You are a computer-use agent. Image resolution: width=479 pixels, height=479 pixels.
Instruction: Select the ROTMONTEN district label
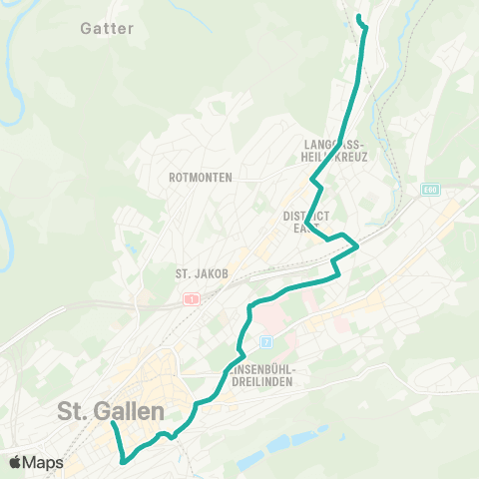point(202,178)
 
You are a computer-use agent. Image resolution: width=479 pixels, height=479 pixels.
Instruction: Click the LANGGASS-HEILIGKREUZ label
point(337,151)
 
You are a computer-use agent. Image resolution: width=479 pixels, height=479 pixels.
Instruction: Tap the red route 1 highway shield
point(189,298)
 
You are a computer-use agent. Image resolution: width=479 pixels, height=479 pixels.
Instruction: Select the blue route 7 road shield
point(266,340)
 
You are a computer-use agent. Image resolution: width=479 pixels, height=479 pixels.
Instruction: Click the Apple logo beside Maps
point(16,462)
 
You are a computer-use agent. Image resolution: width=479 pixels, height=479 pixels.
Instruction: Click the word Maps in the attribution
point(44,462)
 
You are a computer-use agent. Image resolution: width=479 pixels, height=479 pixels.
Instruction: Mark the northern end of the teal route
point(359,18)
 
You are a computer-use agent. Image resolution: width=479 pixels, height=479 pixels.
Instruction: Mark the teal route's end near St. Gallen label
point(112,424)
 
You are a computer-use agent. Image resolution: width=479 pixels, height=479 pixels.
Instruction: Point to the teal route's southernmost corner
point(123,461)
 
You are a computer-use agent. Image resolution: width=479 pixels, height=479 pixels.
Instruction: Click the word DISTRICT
point(305,216)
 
